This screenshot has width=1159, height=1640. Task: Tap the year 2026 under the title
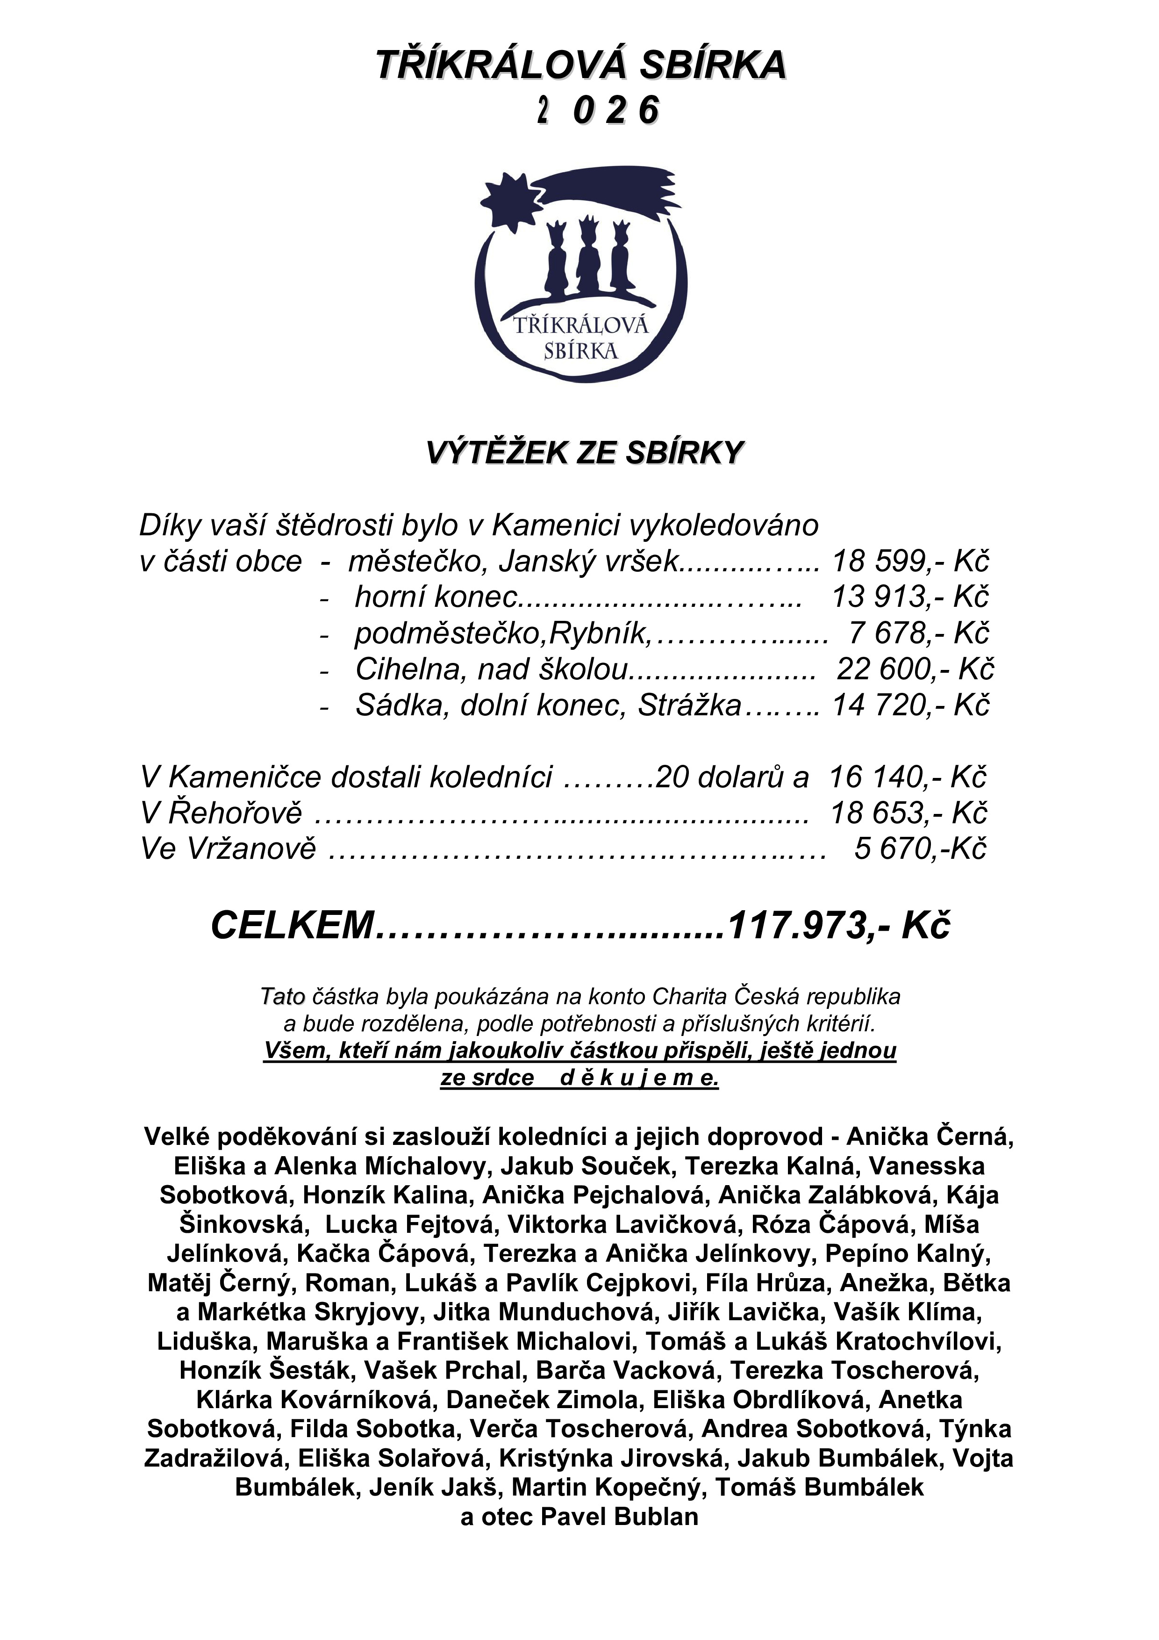(x=598, y=111)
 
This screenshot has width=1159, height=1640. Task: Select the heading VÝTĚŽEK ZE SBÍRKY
(x=585, y=453)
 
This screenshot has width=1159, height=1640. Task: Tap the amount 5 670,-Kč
(x=920, y=849)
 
